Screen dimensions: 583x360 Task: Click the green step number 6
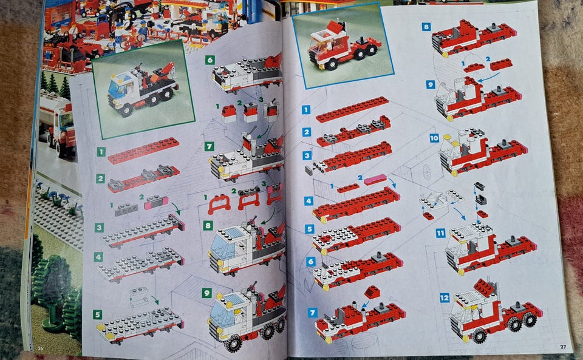coord(210,60)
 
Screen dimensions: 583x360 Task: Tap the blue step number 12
coord(445,298)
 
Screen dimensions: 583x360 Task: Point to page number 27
coord(563,347)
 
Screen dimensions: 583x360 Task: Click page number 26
coord(41,348)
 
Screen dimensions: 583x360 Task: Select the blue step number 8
coord(426,27)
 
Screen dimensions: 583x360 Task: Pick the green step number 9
coord(206,293)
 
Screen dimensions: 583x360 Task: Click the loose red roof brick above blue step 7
coord(372,292)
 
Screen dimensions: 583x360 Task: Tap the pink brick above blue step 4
coord(375,180)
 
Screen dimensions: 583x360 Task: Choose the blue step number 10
coord(434,138)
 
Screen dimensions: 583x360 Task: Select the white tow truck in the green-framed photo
coord(142,89)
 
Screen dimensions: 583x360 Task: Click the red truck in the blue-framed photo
coord(342,47)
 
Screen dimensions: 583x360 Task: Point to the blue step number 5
coord(310,229)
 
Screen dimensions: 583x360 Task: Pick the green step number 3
coord(99,228)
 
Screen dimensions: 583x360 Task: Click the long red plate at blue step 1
coord(352,109)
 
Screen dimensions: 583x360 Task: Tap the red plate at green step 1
coord(143,151)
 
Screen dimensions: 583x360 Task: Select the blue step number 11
coord(440,233)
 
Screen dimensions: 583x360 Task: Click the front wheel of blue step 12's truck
coord(479,336)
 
